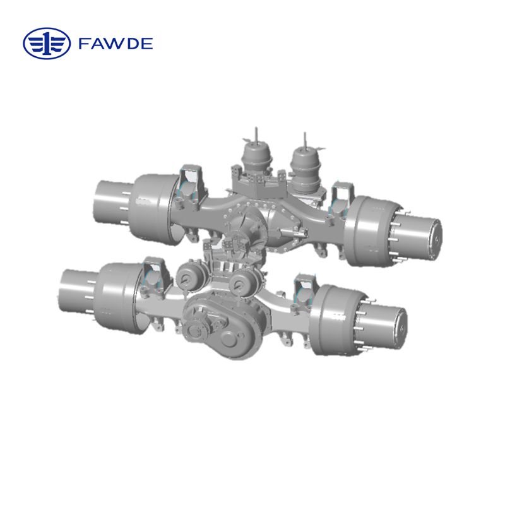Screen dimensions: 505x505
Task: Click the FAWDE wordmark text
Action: tap(116, 44)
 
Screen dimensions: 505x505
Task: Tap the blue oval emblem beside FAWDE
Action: tap(47, 44)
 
